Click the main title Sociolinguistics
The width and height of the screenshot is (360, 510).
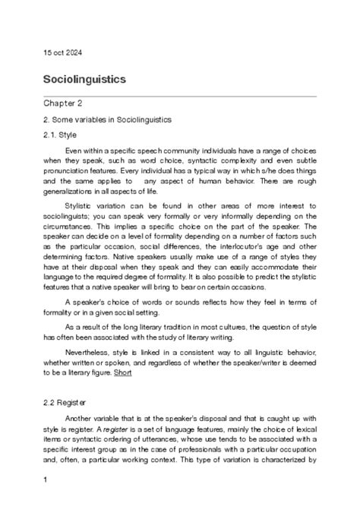click(84, 79)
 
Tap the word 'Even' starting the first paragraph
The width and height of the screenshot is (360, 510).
click(74, 150)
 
